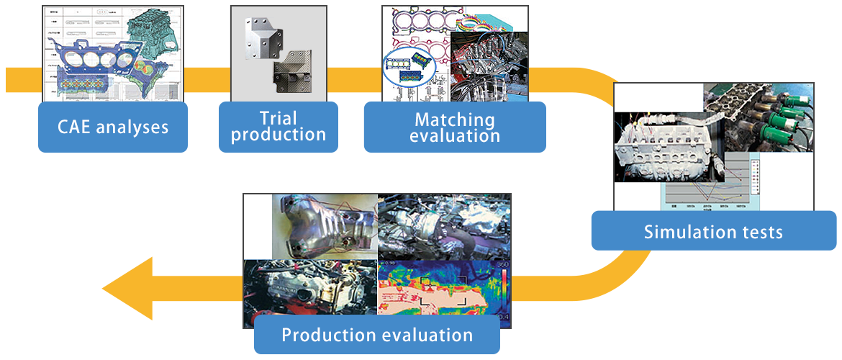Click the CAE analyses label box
(x=112, y=127)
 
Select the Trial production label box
(x=278, y=126)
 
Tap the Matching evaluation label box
(x=454, y=127)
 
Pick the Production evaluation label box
(x=376, y=335)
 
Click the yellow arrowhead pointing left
(x=130, y=289)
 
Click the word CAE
(x=76, y=127)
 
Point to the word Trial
(x=278, y=117)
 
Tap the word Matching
(x=454, y=119)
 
